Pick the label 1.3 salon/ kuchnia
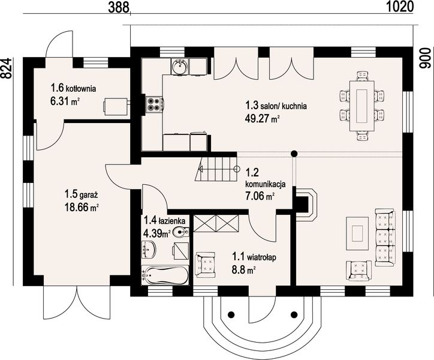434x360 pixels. [x=276, y=106]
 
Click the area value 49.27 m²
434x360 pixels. [x=263, y=119]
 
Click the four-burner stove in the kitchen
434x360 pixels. [x=154, y=104]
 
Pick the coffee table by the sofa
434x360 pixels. [x=360, y=233]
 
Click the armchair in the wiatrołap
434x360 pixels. [x=205, y=263]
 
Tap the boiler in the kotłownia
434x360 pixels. [x=116, y=105]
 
